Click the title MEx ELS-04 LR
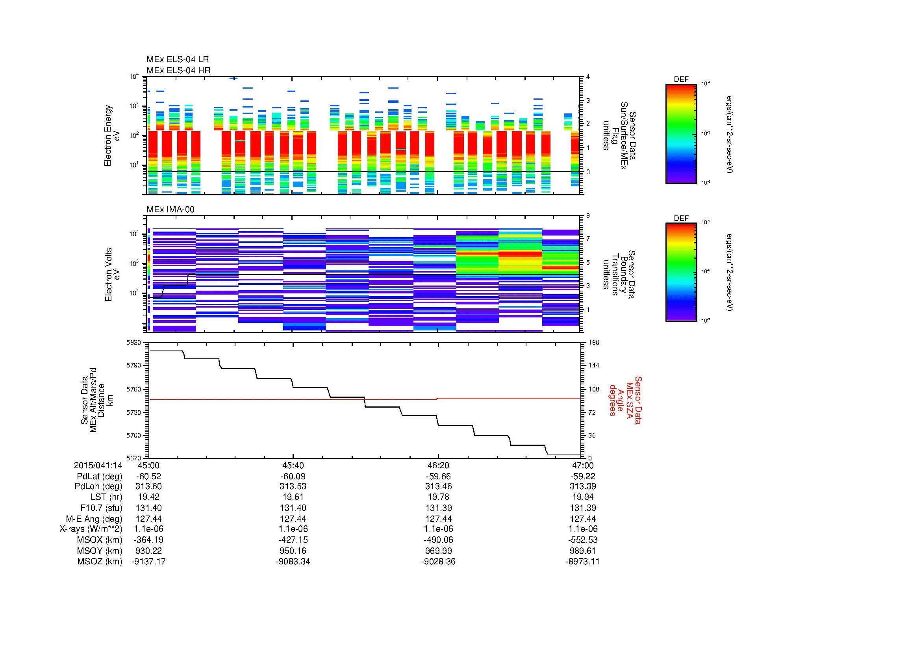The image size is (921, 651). coord(178,59)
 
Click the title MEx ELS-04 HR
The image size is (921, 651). coord(178,70)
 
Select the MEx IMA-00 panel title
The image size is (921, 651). coord(170,210)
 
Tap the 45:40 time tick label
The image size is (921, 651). coord(293,465)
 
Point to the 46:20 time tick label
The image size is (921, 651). coord(438,465)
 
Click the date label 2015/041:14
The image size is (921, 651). coord(98,465)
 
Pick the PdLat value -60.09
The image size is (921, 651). coord(293,476)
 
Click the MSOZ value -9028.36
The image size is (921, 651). coord(438,562)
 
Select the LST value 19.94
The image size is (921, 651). coord(583,497)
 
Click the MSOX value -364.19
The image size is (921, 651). coord(148,540)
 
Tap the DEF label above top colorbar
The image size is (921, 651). coord(681,80)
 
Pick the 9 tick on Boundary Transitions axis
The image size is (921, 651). coord(588,216)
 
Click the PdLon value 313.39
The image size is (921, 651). coord(583,486)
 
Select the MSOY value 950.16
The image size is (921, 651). coord(293,551)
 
